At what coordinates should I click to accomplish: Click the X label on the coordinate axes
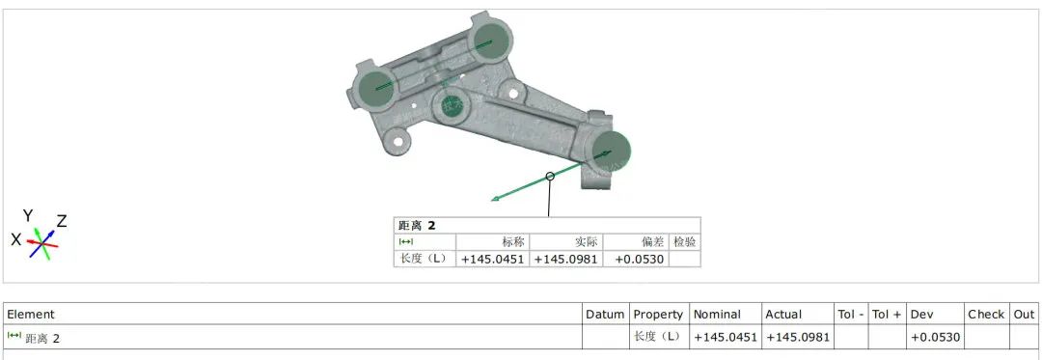[x=16, y=239]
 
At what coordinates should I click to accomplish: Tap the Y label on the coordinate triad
[x=28, y=215]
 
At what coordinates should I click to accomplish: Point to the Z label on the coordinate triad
[x=61, y=221]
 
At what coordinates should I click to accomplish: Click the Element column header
[x=31, y=315]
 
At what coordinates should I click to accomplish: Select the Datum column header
[x=605, y=315]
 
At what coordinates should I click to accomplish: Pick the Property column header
[x=658, y=315]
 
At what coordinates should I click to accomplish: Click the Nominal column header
[x=717, y=315]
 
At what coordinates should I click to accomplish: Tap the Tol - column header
[x=851, y=315]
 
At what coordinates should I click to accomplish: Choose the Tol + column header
[x=888, y=315]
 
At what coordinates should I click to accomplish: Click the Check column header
[x=986, y=315]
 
